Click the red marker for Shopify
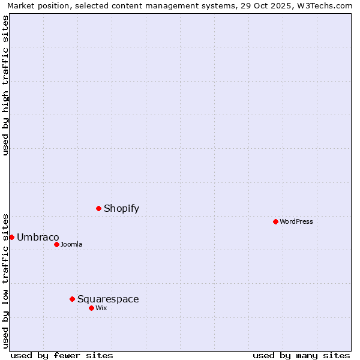(x=99, y=208)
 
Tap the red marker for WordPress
(x=275, y=221)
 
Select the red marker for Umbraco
(x=11, y=237)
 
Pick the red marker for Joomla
(x=56, y=244)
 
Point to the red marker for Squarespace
(x=73, y=299)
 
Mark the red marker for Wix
(x=91, y=308)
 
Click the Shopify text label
(x=121, y=209)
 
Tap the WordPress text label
(x=296, y=222)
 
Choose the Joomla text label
(x=71, y=245)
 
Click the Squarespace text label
(x=108, y=299)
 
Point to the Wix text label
(x=101, y=308)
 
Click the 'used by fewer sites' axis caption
(x=62, y=355)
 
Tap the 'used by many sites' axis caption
(x=301, y=355)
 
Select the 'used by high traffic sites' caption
(x=5, y=85)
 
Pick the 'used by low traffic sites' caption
(x=5, y=280)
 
